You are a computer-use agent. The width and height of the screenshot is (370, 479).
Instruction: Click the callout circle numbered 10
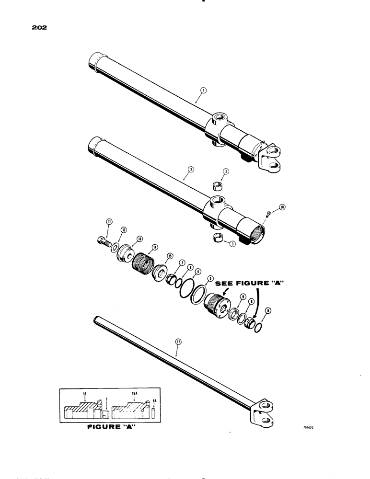coord(282,207)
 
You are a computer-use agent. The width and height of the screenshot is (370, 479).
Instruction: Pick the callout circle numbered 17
coord(178,342)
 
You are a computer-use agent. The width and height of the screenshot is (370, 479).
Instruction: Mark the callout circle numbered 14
coord(155,247)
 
